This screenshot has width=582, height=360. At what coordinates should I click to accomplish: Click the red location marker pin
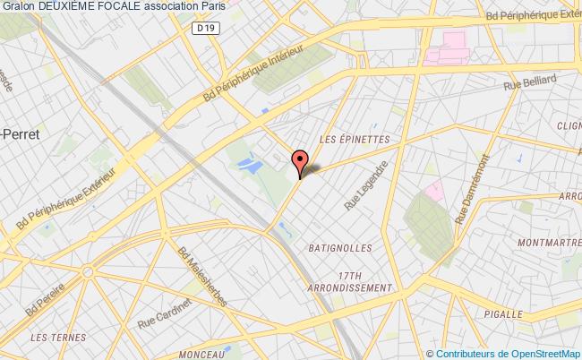[x=299, y=161]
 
